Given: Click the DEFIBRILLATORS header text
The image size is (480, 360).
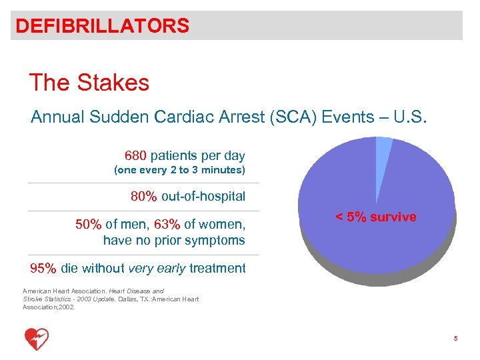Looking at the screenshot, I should tap(102, 26).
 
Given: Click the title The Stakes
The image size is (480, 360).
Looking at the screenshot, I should tap(89, 83).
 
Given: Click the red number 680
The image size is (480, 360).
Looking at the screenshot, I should tap(135, 156).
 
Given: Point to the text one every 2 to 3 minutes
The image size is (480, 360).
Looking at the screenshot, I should tap(180, 171).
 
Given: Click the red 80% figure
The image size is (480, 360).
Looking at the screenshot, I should tap(143, 197).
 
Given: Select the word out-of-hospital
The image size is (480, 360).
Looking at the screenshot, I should tap(203, 197).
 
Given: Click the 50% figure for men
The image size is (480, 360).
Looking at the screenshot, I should tap(88, 224).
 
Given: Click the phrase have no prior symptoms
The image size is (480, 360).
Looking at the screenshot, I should tap(174, 240).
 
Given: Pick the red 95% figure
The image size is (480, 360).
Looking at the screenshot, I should tap(43, 269).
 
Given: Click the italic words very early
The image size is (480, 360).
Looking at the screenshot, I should tap(157, 269).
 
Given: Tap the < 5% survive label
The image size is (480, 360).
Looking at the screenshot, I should tap(376, 217).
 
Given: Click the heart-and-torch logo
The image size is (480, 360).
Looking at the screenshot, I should tap(37, 339).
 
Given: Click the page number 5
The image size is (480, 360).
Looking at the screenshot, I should tap(455, 339).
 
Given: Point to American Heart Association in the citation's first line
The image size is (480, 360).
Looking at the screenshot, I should tap(61, 291).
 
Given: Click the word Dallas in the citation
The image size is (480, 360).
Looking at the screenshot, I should tap(127, 299).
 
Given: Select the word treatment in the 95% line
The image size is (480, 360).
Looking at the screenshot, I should tap(217, 269).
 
